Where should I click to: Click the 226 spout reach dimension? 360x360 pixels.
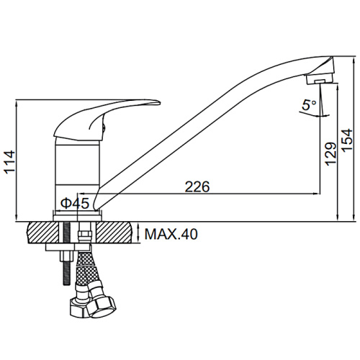[197, 186]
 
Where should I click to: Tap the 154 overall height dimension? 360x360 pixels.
[347, 140]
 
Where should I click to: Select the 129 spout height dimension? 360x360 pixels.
[330, 154]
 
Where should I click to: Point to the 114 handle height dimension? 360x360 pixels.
[9, 162]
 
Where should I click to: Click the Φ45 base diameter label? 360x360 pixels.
[75, 203]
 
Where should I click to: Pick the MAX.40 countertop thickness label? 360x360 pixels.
[171, 234]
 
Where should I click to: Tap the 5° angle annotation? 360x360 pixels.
[309, 104]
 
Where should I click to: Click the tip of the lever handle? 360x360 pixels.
[159, 102]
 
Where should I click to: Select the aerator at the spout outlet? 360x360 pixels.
[320, 79]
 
